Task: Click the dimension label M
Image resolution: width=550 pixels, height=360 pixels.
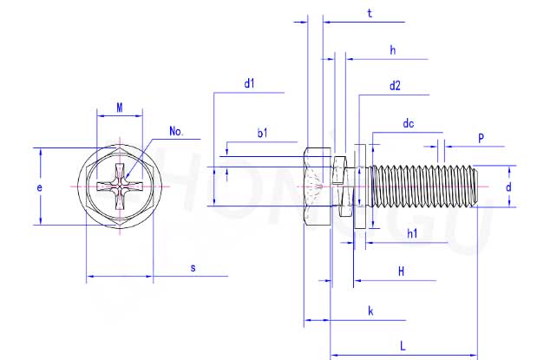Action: tap(120, 108)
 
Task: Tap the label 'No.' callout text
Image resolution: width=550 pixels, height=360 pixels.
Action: tap(177, 131)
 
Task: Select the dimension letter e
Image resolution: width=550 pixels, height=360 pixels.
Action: tap(41, 187)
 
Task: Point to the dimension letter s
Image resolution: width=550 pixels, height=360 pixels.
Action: tap(193, 269)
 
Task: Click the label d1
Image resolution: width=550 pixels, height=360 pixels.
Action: tap(249, 83)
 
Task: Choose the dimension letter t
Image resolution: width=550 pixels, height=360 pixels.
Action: tap(370, 14)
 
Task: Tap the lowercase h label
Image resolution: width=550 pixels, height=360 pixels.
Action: tap(392, 51)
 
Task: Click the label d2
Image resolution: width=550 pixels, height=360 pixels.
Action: tap(395, 85)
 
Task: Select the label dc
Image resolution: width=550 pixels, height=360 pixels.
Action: tap(409, 124)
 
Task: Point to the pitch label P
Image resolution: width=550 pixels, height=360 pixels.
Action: tap(481, 138)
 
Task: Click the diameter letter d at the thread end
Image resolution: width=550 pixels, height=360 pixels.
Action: tap(508, 187)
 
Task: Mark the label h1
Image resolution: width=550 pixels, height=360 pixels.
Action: tap(412, 233)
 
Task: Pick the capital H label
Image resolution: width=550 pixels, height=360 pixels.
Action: tap(401, 272)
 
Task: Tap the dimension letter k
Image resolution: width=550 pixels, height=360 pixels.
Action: tap(370, 310)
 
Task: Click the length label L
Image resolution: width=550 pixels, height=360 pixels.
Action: tap(402, 345)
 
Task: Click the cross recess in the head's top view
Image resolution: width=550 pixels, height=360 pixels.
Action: tap(119, 187)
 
